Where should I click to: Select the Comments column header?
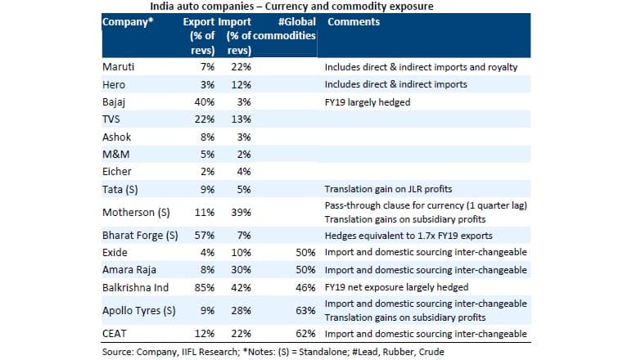[354, 22]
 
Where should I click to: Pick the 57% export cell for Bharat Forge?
[205, 236]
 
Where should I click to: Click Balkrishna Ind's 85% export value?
[205, 287]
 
